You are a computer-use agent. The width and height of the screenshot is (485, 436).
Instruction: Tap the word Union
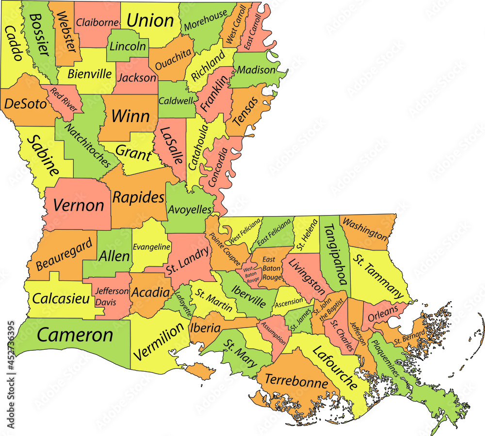[150, 20]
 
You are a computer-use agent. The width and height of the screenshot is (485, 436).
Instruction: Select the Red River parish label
[64, 99]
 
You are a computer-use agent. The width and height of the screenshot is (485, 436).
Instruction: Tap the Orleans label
[383, 312]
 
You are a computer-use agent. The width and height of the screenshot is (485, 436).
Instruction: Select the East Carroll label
[253, 31]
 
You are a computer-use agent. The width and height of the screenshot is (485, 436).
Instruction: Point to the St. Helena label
[307, 235]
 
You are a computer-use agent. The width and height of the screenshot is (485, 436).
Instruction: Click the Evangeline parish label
[151, 247]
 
